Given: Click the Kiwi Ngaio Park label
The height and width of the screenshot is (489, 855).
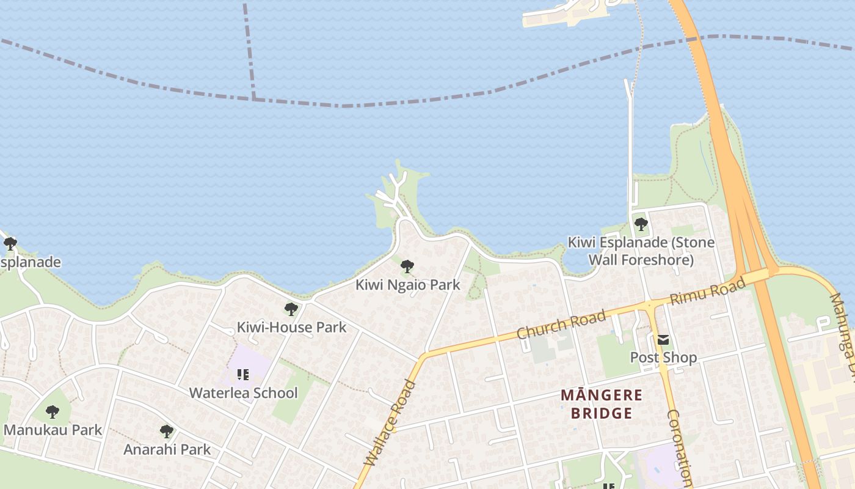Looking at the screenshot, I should pos(407,285).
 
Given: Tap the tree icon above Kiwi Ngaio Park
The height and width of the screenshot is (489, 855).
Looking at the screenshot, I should pos(407,267).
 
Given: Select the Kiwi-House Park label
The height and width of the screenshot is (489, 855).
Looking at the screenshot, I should pos(291,327).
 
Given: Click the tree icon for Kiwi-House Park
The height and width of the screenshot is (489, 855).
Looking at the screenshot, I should pos(291,309).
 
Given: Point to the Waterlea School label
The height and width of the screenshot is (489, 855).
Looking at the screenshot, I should pos(243,392).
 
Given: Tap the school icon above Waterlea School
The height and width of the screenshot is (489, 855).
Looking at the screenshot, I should pos(243,374).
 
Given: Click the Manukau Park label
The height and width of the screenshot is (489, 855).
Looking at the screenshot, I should pos(53,430).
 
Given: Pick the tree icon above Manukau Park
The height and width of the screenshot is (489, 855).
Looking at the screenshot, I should pos(53,412).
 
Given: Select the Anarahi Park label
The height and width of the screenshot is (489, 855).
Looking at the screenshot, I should pos(167,449).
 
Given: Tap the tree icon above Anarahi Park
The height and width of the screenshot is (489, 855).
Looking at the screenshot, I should pos(166,432).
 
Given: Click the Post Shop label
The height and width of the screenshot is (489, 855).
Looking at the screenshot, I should pos(663,357).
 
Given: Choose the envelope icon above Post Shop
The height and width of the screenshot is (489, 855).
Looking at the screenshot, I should pos(663,340).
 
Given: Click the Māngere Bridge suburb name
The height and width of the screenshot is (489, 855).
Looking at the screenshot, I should pos(602,404).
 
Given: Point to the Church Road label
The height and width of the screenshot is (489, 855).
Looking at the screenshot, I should pos(561,325).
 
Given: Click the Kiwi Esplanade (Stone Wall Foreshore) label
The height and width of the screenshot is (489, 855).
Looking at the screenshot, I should pos(641,251).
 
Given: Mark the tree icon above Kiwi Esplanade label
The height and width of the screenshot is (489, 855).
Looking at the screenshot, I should pos(641,224).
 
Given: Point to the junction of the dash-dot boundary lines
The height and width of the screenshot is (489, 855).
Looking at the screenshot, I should pos(253,98).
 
